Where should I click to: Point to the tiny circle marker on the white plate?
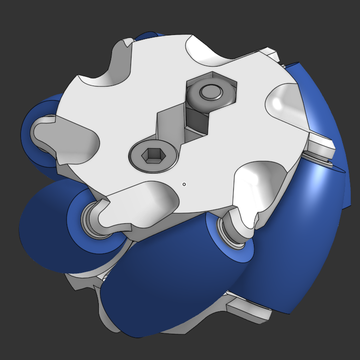coord(184,184)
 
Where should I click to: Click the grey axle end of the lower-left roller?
coord(92,219)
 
